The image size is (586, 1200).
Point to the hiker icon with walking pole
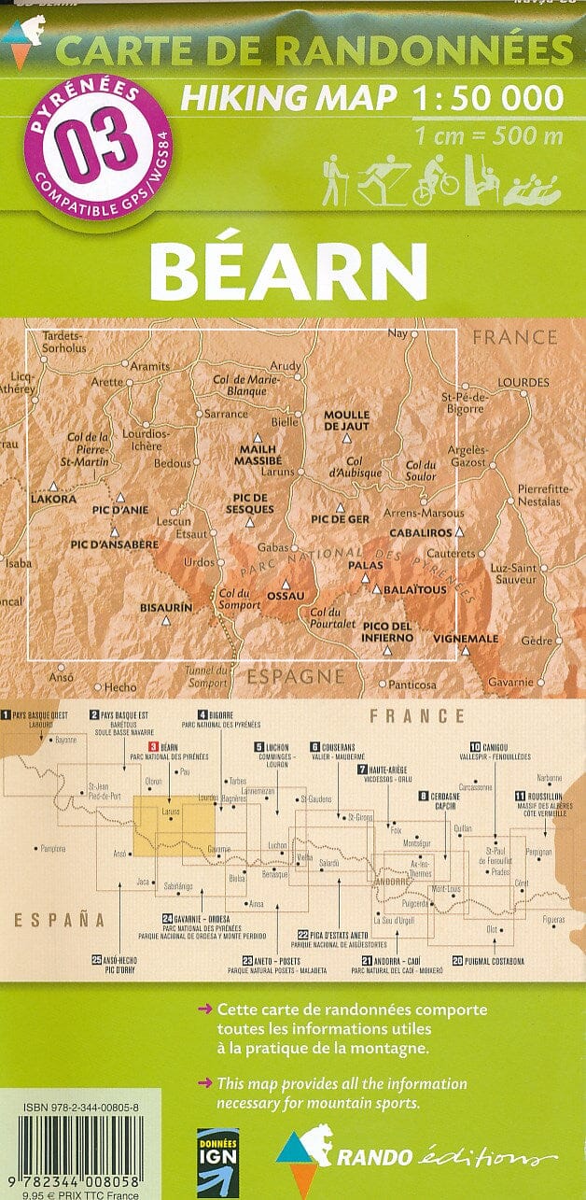[x=335, y=179]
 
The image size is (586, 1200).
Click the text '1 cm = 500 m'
[x=489, y=137]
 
